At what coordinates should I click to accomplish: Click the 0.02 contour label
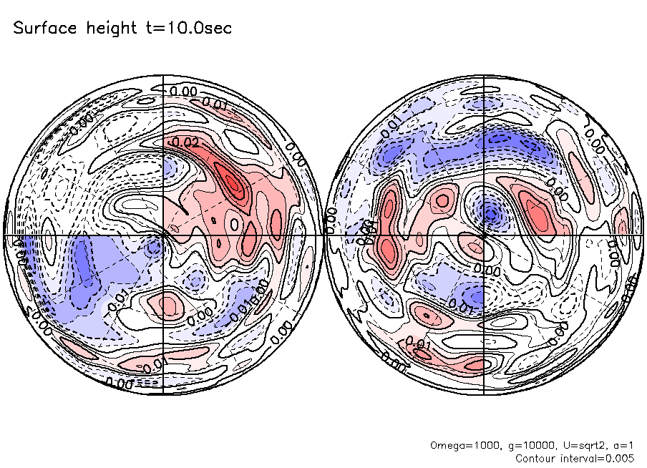pyautogui.click(x=185, y=142)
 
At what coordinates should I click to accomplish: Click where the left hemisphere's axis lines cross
pyautogui.click(x=164, y=235)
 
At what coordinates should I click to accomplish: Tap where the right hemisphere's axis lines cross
pyautogui.click(x=485, y=235)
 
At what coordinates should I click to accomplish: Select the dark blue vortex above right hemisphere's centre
pyautogui.click(x=490, y=212)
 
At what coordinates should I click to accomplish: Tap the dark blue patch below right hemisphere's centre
pyautogui.click(x=470, y=295)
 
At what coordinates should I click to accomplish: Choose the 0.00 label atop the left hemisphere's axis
pyautogui.click(x=183, y=91)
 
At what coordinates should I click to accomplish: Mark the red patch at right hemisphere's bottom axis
pyautogui.click(x=476, y=364)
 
